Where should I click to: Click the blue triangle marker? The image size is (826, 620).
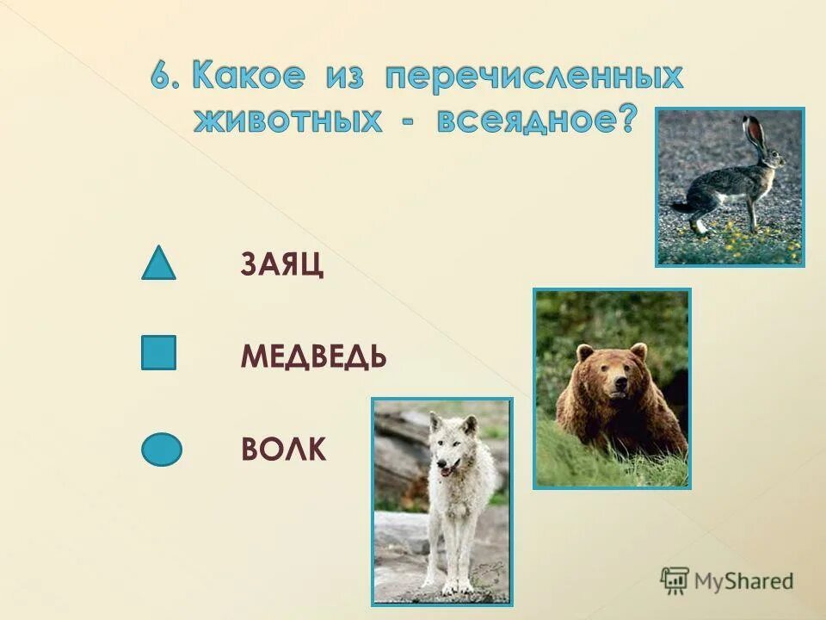click(158, 265)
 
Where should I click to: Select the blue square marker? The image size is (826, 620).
click(158, 353)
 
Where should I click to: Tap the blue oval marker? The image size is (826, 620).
click(162, 449)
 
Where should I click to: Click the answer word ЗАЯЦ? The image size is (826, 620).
click(282, 266)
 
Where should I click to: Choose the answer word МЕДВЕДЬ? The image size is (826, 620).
click(313, 356)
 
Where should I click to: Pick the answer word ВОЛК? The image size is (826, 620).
click(283, 449)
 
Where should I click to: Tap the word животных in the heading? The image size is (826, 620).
click(287, 119)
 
